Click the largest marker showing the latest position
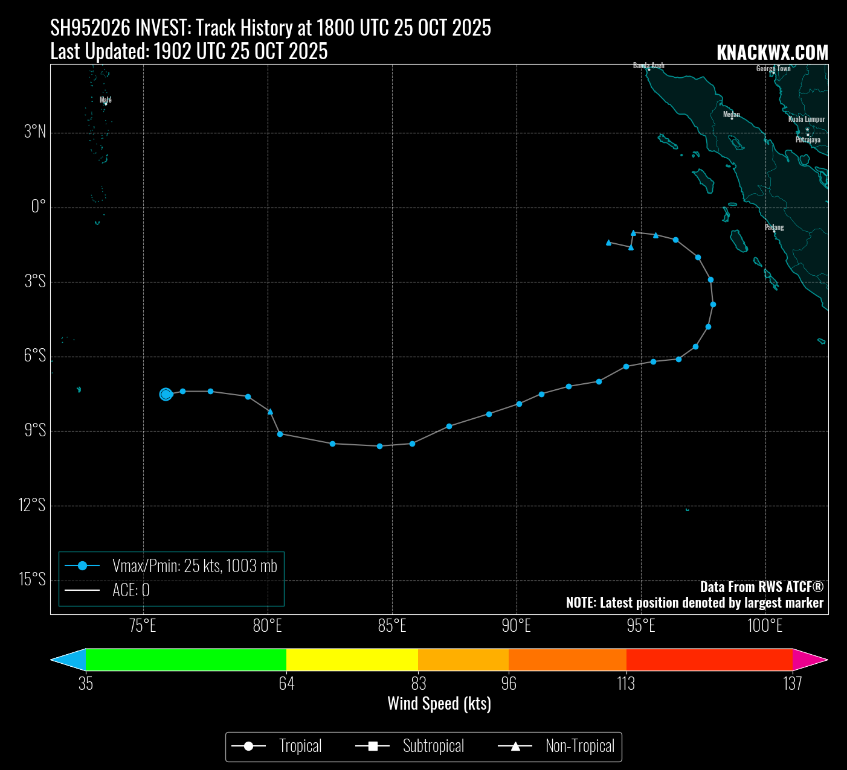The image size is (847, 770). tap(166, 394)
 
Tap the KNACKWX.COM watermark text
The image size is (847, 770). tap(772, 53)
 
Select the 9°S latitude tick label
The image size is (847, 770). tap(35, 430)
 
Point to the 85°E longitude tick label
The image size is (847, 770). tap(392, 626)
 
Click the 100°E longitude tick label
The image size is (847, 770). tap(765, 626)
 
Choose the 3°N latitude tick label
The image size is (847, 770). tap(35, 132)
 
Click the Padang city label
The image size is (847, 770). tap(774, 227)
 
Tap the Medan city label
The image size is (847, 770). tap(731, 114)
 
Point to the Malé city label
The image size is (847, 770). tap(106, 100)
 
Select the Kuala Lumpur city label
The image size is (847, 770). tap(807, 119)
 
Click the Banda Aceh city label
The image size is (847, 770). tap(648, 65)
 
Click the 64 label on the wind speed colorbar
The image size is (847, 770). tap(286, 684)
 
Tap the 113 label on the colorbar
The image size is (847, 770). tap(626, 684)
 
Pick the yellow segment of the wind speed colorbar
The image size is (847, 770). tap(352, 660)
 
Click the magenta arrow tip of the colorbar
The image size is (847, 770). tap(813, 660)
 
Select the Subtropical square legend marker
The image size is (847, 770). tap(373, 747)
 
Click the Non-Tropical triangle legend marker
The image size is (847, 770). tap(515, 747)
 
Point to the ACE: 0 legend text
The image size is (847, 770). tap(130, 590)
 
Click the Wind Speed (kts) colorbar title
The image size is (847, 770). tap(439, 704)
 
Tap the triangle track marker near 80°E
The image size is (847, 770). tap(270, 412)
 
